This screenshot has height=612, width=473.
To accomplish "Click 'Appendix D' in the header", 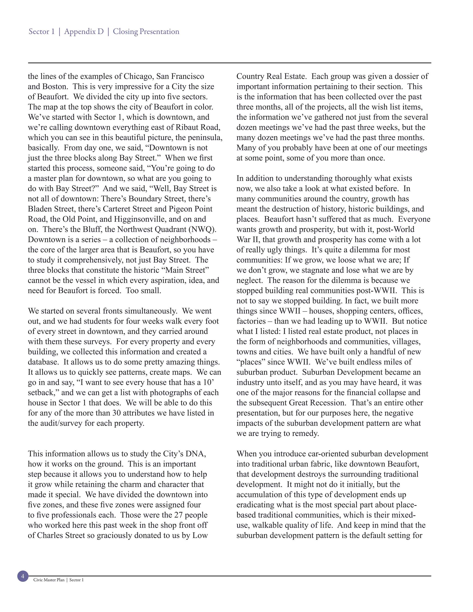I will [x=84, y=31].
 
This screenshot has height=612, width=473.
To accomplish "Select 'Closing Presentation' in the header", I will [x=146, y=31].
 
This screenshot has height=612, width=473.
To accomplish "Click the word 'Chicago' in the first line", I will [x=139, y=76].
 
